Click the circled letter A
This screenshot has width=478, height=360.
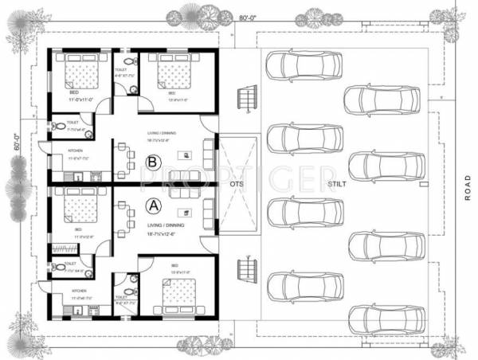[x=152, y=205]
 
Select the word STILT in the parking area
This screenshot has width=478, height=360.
[x=335, y=185]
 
